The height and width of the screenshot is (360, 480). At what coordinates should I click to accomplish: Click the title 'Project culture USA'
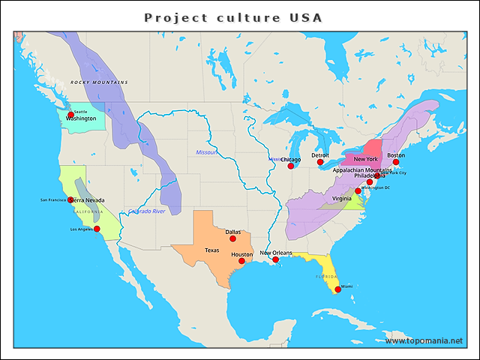pyautogui.click(x=233, y=17)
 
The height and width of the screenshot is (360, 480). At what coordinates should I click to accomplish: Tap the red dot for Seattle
pyautogui.click(x=71, y=115)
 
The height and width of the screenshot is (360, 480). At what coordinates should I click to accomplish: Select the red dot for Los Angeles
pyautogui.click(x=97, y=229)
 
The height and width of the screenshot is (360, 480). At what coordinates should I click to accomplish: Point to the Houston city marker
pyautogui.click(x=244, y=260)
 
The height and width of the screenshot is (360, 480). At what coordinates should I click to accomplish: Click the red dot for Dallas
pyautogui.click(x=232, y=238)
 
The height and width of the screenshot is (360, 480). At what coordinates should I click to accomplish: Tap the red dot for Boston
pyautogui.click(x=396, y=162)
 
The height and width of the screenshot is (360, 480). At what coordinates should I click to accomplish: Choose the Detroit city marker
pyautogui.click(x=320, y=162)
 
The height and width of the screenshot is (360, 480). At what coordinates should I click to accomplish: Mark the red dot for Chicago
pyautogui.click(x=291, y=166)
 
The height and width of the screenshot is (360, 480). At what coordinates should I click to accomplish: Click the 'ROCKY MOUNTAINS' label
pyautogui.click(x=99, y=82)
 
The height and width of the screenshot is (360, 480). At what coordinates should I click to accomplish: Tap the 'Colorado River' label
pyautogui.click(x=146, y=211)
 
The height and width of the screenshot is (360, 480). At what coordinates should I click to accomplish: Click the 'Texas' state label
pyautogui.click(x=212, y=250)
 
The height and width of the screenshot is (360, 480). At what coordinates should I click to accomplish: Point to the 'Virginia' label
pyautogui.click(x=341, y=199)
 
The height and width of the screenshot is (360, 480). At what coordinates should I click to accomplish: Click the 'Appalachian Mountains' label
pyautogui.click(x=362, y=170)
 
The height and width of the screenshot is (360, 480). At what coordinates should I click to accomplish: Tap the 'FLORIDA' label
pyautogui.click(x=327, y=276)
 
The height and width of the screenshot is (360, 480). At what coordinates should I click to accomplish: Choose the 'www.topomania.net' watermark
pyautogui.click(x=424, y=340)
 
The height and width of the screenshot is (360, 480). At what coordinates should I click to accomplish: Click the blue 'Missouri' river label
pyautogui.click(x=206, y=152)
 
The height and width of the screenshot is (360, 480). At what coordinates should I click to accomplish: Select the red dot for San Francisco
pyautogui.click(x=70, y=200)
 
